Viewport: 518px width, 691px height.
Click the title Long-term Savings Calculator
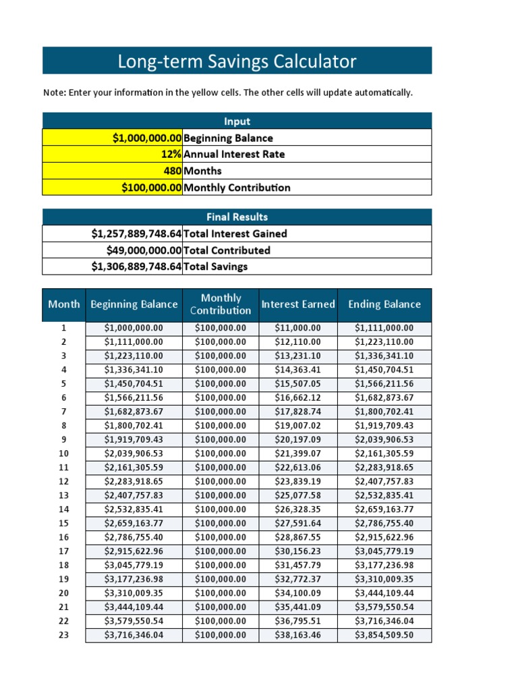click(237, 61)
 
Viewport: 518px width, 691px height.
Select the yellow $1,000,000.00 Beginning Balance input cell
click(113, 138)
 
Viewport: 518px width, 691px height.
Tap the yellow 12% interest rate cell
click(113, 155)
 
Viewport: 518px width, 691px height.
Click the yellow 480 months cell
click(113, 171)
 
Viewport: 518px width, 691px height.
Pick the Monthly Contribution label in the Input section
click(237, 188)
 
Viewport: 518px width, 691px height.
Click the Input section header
click(237, 121)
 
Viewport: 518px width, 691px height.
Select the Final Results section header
click(237, 217)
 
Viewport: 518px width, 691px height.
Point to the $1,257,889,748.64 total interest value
click(136, 233)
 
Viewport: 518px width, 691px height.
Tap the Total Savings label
click(215, 267)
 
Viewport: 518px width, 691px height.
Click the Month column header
click(64, 304)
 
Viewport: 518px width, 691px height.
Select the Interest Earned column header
click(297, 304)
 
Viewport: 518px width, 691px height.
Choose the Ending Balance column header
click(384, 304)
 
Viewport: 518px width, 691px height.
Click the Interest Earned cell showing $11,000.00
click(297, 328)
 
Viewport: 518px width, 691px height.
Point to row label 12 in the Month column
click(64, 482)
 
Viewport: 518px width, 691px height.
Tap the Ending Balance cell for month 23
click(384, 635)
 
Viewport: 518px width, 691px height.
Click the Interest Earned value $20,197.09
click(297, 440)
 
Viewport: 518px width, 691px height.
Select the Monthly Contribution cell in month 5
click(221, 384)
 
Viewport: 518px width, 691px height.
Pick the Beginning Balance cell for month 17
click(134, 551)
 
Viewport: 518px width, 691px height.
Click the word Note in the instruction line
click(53, 92)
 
